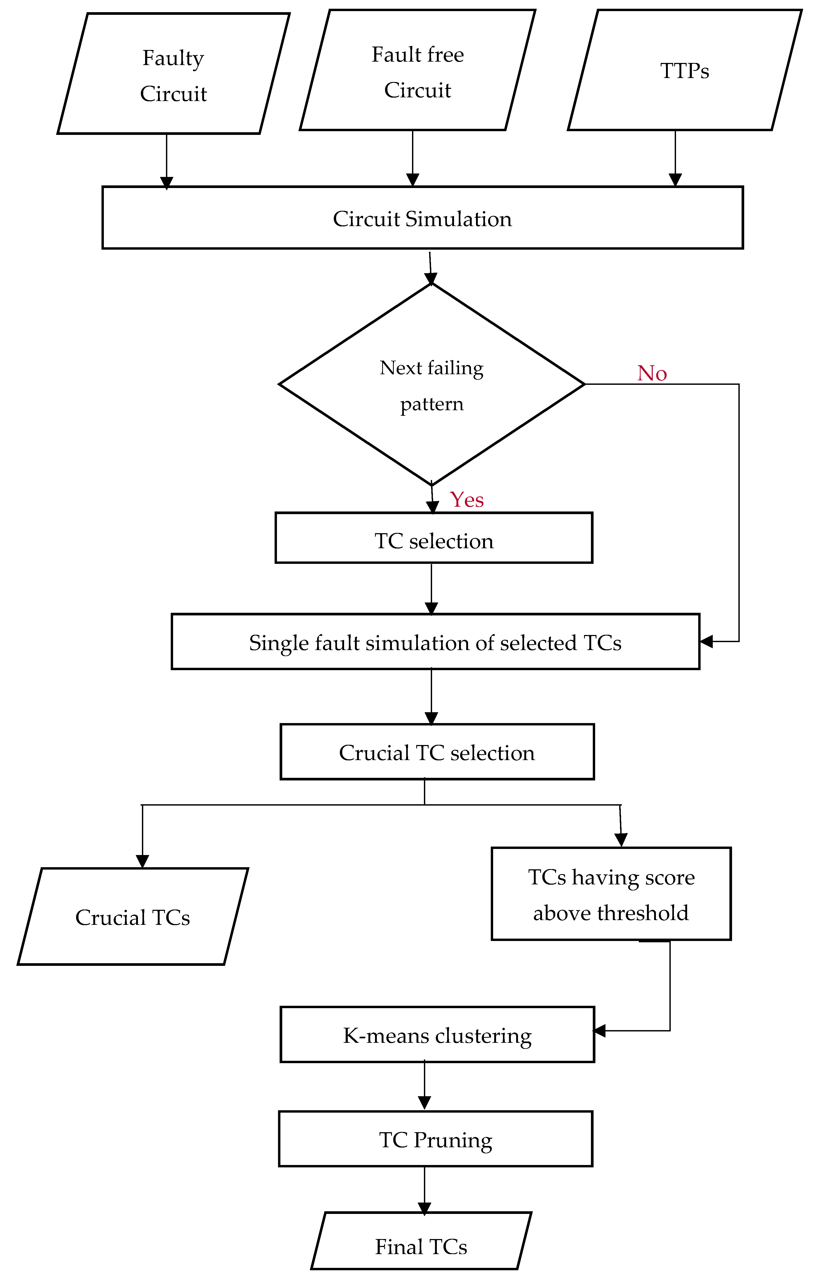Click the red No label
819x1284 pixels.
click(x=652, y=373)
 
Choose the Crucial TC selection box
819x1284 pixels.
click(x=437, y=752)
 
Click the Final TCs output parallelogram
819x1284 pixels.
click(x=421, y=1247)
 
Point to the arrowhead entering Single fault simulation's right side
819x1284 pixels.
click(x=706, y=641)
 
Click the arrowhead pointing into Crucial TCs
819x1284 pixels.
click(x=142, y=861)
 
